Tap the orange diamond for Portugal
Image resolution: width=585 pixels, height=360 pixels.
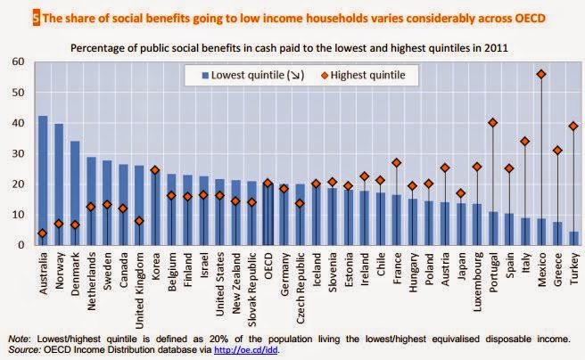coord(493,123)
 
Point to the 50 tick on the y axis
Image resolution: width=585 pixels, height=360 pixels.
coord(18,92)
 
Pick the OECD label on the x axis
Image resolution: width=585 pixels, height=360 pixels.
coord(268,266)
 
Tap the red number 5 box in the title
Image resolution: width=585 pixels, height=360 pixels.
coord(11,17)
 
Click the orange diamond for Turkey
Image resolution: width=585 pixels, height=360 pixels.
coord(573,126)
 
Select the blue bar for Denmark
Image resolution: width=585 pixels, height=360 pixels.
coord(75,192)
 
